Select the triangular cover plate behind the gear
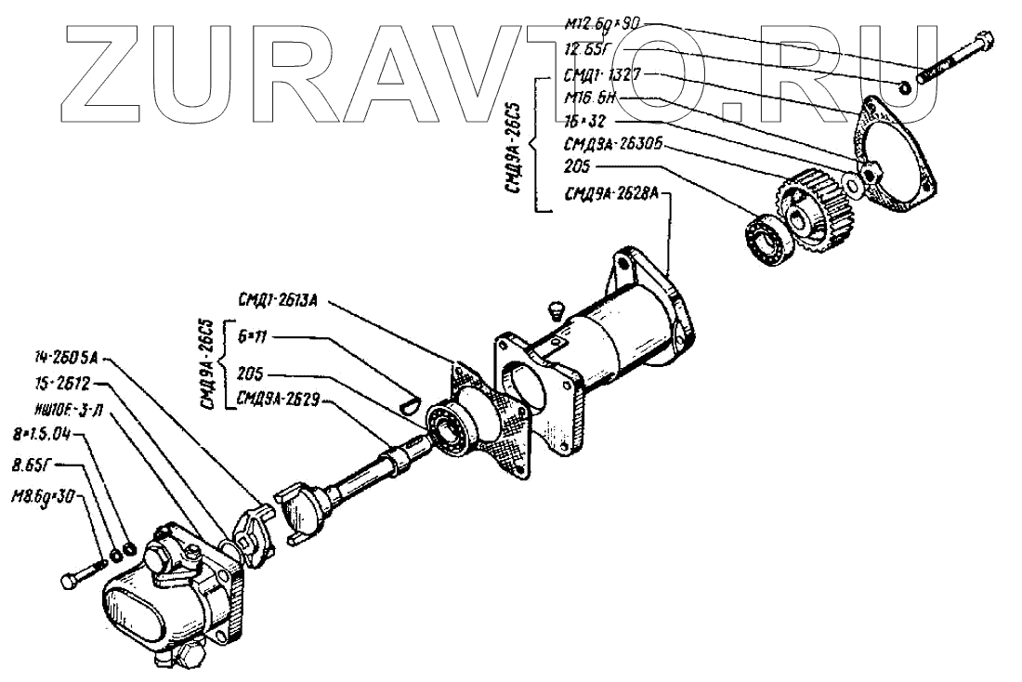click(x=898, y=149)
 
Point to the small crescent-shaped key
click(x=409, y=402)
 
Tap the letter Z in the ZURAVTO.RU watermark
click(x=111, y=70)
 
